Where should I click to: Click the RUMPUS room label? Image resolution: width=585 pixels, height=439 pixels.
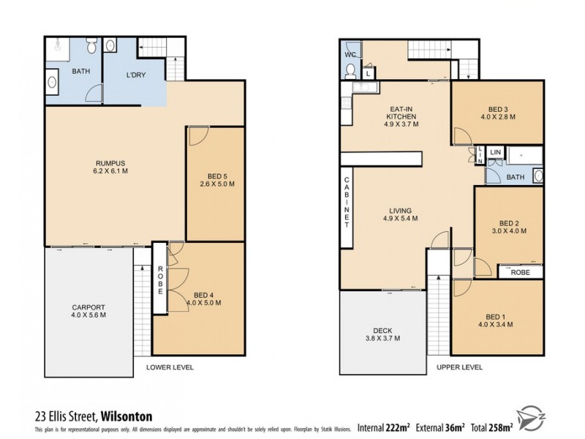[x=112, y=162]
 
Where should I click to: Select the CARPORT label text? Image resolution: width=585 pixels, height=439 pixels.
[x=89, y=307]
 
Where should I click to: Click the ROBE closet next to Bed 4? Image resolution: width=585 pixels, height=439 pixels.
[x=160, y=279]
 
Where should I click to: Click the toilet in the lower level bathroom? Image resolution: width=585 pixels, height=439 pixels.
[x=91, y=48]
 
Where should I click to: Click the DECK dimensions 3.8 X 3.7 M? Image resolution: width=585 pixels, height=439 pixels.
[x=382, y=339]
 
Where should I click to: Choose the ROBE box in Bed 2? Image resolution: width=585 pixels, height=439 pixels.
[x=521, y=271]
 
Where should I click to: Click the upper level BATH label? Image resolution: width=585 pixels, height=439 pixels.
[x=516, y=177]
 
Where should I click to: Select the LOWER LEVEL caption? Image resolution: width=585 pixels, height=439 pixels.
[x=170, y=367]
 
